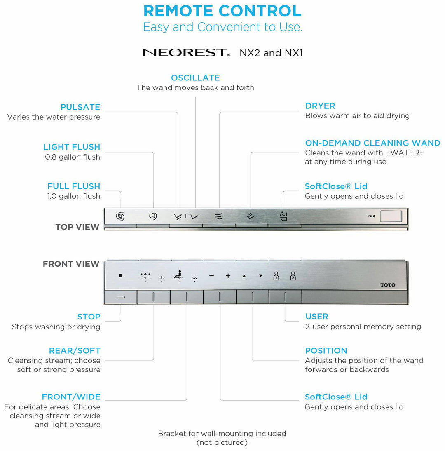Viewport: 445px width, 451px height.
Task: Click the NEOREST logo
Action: pyautogui.click(x=186, y=53)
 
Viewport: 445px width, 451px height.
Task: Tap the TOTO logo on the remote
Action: pyautogui.click(x=387, y=285)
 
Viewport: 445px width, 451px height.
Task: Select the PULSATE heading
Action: pyautogui.click(x=80, y=107)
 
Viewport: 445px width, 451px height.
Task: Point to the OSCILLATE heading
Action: pyautogui.click(x=195, y=78)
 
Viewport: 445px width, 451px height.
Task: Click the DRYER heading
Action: pyautogui.click(x=320, y=106)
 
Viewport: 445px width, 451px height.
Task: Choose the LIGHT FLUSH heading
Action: pyautogui.click(x=72, y=147)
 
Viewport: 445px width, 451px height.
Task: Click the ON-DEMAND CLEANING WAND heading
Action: pyautogui.click(x=372, y=143)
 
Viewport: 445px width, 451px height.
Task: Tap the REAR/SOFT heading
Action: pyautogui.click(x=75, y=351)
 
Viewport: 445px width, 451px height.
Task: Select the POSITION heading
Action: pyautogui.click(x=326, y=351)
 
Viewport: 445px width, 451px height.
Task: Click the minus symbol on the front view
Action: pyautogui.click(x=211, y=276)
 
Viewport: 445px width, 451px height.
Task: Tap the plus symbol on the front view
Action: pyautogui.click(x=228, y=276)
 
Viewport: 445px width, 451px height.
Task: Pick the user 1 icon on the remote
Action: pyautogui.click(x=276, y=276)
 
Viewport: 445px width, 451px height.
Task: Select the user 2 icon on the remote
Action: pyautogui.click(x=293, y=276)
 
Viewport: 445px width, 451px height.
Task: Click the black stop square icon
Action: pyautogui.click(x=121, y=276)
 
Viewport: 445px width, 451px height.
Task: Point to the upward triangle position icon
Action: pyautogui.click(x=244, y=276)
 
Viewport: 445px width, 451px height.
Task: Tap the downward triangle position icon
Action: pyautogui.click(x=260, y=276)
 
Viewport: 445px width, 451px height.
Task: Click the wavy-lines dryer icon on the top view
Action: pyautogui.click(x=218, y=216)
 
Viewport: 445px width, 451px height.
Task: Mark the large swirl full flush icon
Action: pyautogui.click(x=120, y=216)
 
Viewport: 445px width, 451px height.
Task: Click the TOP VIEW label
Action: pyautogui.click(x=77, y=227)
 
